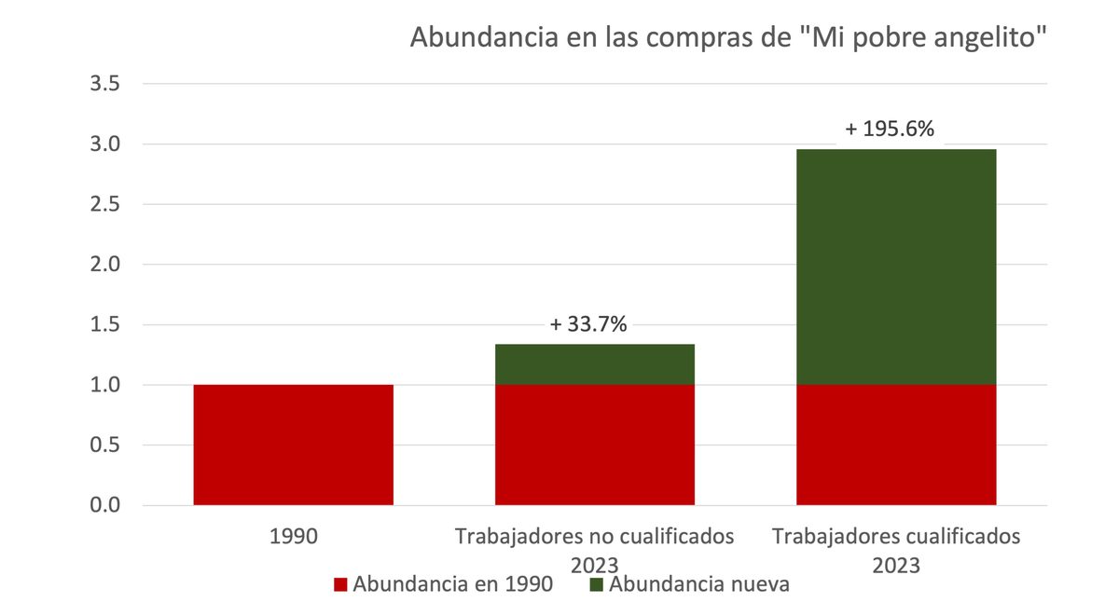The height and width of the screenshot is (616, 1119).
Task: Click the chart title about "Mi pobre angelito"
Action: click(x=728, y=39)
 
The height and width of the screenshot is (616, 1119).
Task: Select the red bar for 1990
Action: click(x=293, y=445)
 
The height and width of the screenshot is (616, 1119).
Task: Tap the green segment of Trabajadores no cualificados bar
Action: click(x=594, y=364)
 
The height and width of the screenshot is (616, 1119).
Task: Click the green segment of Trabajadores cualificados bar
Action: click(x=895, y=267)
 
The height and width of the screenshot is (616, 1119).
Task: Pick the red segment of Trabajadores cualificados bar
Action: click(x=895, y=445)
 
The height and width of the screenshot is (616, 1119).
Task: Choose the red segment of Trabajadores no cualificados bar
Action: click(x=594, y=445)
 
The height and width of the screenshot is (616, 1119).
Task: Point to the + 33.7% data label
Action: click(x=588, y=324)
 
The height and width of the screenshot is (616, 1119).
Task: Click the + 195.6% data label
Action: click(x=889, y=130)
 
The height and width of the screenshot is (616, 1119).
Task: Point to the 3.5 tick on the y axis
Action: click(x=104, y=85)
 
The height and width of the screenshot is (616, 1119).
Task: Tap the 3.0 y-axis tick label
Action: click(x=104, y=144)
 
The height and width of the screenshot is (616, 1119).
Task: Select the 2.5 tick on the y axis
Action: click(x=104, y=205)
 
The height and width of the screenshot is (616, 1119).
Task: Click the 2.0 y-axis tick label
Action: click(x=104, y=265)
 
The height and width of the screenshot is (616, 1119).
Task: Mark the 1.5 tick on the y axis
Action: click(x=104, y=325)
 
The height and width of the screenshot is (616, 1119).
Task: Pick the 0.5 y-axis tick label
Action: click(x=104, y=445)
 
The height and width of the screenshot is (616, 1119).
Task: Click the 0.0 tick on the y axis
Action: click(x=104, y=505)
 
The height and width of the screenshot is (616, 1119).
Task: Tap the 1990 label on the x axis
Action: click(x=293, y=538)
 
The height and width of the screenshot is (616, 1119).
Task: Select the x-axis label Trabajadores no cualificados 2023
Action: click(x=594, y=550)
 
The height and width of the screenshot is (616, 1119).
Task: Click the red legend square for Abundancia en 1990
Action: click(x=340, y=585)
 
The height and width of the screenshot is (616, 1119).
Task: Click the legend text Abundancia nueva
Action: click(x=698, y=585)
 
